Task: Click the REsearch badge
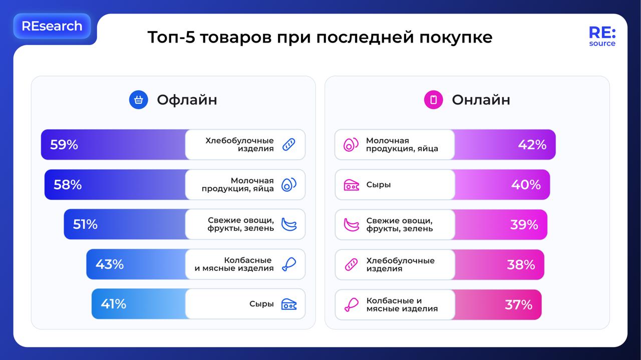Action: [52, 26]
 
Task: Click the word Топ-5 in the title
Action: [171, 37]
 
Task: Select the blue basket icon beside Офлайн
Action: [139, 100]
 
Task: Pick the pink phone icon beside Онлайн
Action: [433, 100]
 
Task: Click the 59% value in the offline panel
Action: [64, 145]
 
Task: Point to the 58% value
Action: [68, 185]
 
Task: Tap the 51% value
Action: [85, 224]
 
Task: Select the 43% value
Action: [110, 264]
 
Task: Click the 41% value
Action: [113, 304]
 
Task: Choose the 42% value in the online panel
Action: [532, 145]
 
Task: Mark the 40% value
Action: [526, 185]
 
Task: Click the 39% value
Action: [524, 225]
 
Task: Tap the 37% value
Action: [518, 304]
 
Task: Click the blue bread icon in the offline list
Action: [289, 145]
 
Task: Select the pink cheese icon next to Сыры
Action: [351, 185]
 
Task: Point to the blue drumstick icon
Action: [289, 264]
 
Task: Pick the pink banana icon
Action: [351, 225]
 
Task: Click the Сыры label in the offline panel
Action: [261, 304]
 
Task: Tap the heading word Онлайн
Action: [481, 100]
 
